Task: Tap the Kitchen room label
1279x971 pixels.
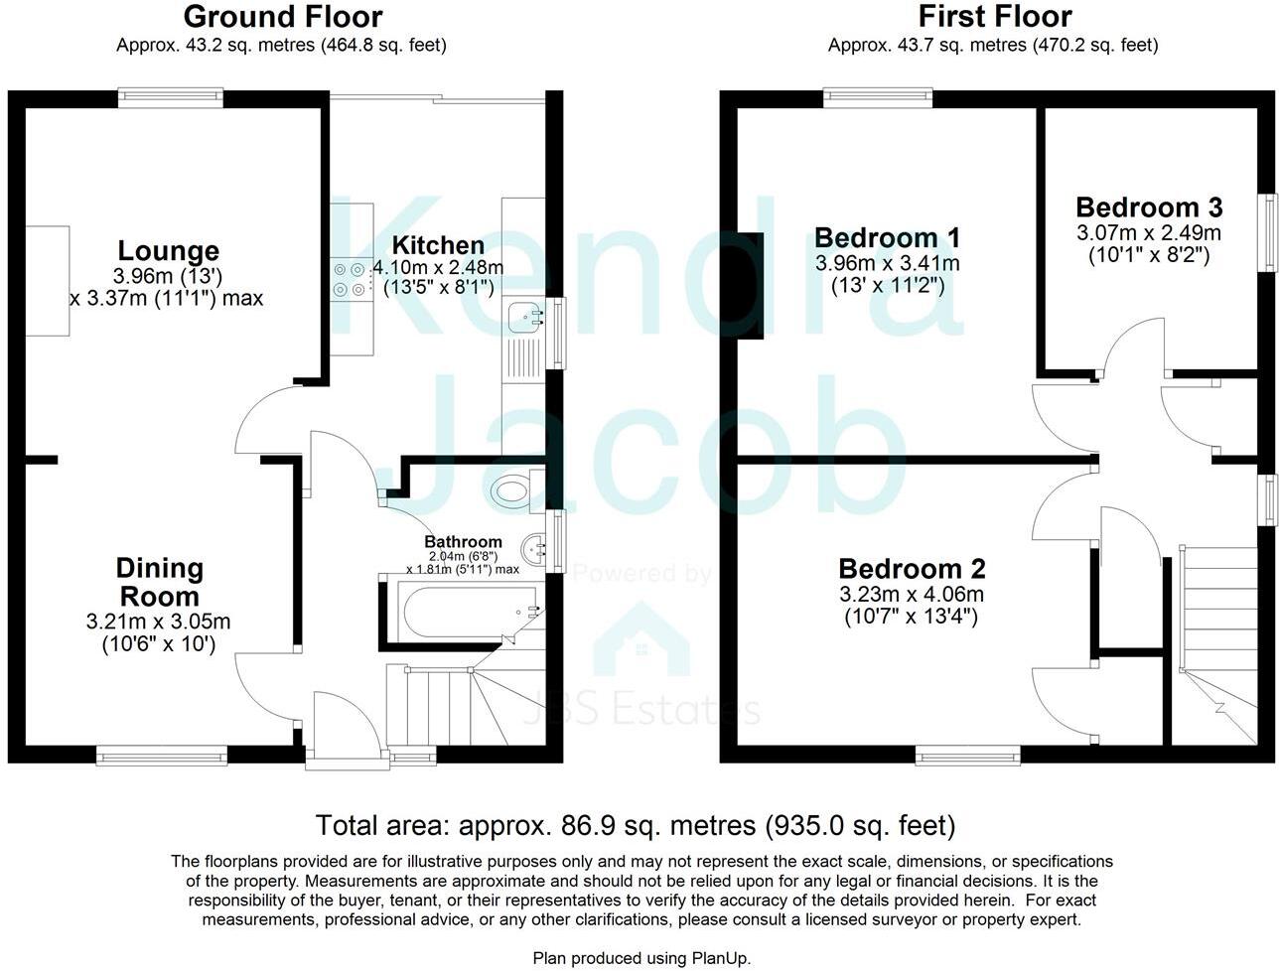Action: click(438, 245)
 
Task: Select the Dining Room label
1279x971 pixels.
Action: click(159, 583)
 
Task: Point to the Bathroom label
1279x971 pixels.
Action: click(463, 542)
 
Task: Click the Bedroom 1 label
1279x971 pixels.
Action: click(887, 238)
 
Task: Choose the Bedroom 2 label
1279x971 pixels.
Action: click(912, 569)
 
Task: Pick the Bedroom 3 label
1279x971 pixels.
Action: click(1149, 208)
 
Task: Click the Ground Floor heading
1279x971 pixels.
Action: click(283, 17)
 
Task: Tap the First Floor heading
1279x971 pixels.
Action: click(994, 17)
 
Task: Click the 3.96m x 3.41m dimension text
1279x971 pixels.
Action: click(887, 263)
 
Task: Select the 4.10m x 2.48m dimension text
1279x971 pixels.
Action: click(438, 268)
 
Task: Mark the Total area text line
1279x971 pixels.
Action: click(636, 825)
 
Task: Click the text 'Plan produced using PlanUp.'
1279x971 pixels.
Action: click(641, 958)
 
